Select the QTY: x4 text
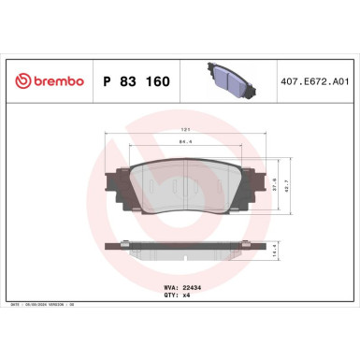(179, 291)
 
